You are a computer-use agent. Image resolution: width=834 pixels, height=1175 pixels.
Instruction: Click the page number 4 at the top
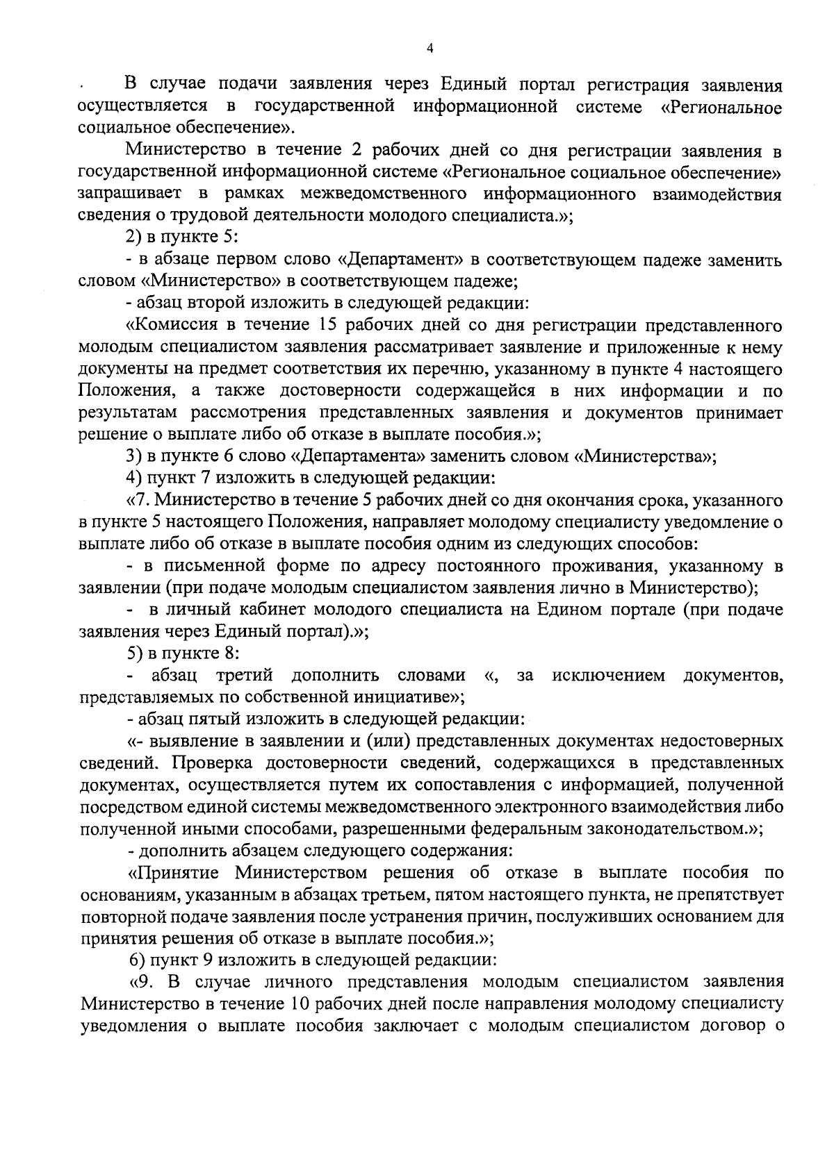tap(430, 49)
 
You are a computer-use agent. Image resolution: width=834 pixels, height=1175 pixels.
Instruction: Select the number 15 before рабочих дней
tap(333, 326)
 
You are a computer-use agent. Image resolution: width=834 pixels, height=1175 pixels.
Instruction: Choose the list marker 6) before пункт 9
tap(138, 960)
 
